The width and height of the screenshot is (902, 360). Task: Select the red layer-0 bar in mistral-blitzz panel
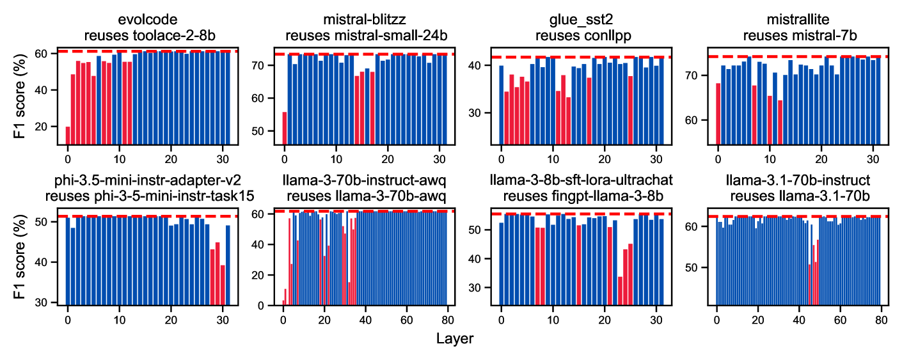point(284,128)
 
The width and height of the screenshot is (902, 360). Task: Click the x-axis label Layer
point(455,338)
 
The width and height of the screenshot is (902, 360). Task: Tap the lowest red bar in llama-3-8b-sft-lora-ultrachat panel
point(620,291)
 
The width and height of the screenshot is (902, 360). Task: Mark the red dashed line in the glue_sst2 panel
point(580,58)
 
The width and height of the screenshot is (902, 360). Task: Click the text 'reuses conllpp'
point(580,36)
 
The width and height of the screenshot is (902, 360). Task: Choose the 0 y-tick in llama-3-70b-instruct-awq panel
point(269,306)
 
